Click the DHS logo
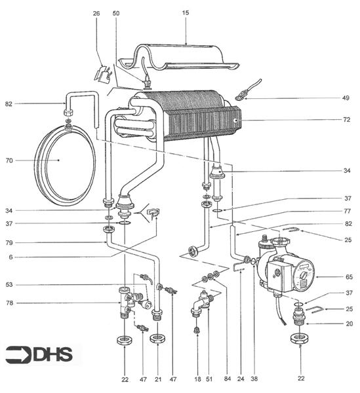tap(42, 354)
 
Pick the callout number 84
tap(226, 379)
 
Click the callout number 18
tap(196, 379)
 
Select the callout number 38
tap(255, 379)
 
